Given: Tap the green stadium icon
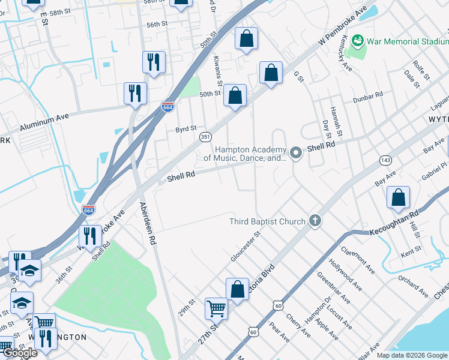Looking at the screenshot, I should (x=358, y=41).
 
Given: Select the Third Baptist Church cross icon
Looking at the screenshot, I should (x=315, y=221).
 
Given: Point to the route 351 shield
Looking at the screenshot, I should (x=205, y=137).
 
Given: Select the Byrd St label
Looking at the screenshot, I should (x=186, y=129).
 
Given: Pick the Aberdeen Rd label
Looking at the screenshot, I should (x=148, y=223).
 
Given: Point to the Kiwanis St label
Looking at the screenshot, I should (x=218, y=70).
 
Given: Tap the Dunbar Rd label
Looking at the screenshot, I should (x=367, y=97).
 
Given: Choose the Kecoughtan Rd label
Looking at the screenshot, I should (x=393, y=223).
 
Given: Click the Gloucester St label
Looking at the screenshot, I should (x=245, y=246).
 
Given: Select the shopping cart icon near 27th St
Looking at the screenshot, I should (x=216, y=309).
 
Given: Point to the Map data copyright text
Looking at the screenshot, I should (x=411, y=355).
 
